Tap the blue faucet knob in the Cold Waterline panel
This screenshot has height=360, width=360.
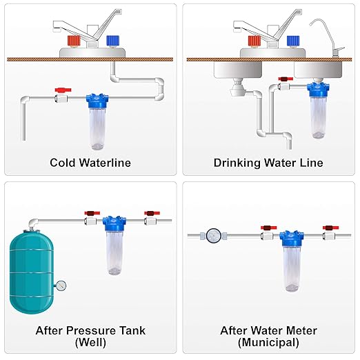coord(112,41)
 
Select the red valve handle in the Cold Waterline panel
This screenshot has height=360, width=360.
coord(61,89)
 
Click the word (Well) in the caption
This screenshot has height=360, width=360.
coord(90,342)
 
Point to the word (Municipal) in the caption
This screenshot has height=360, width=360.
coord(269,342)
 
